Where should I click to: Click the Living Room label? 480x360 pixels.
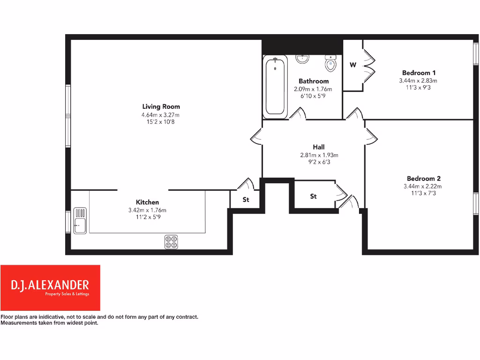tap(161, 106)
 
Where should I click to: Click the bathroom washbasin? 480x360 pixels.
tap(302, 59)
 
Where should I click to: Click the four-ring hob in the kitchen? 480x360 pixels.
tap(171, 242)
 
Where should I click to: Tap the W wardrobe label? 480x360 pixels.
tap(353, 65)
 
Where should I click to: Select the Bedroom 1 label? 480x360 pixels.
tap(419, 73)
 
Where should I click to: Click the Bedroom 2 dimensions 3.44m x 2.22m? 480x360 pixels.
tap(423, 186)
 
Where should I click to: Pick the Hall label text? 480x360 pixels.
tap(319, 147)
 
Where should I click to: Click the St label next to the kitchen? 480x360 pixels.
tap(246, 199)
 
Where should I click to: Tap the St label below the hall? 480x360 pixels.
tap(314, 196)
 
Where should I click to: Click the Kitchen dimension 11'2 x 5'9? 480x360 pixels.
tap(147, 217)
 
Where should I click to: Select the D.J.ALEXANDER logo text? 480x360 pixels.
tap(50, 285)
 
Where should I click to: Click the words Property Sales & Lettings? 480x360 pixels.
tap(67, 294)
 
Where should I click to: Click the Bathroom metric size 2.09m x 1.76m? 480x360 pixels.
tap(313, 89)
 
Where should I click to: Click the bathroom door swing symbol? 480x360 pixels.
tap(299, 113)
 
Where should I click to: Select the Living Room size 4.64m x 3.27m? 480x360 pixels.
tap(161, 115)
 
